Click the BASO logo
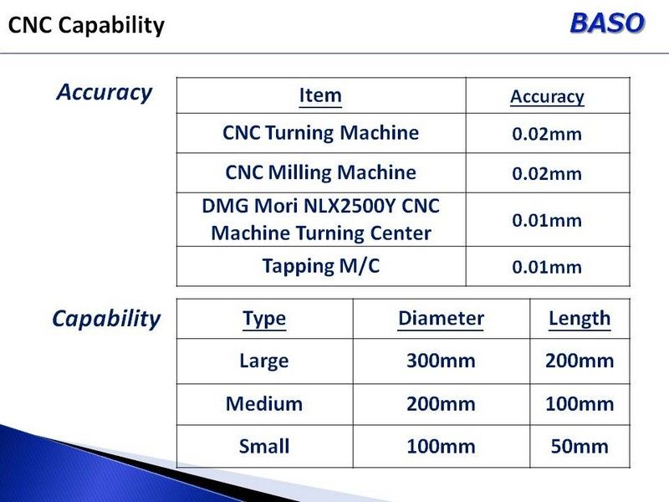coord(607,23)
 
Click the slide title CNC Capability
coord(86,25)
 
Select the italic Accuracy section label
coord(104,92)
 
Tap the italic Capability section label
coord(106,320)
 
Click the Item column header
coord(320,95)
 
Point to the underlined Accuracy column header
coord(547,97)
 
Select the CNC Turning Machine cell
coord(320,132)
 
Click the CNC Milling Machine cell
coord(320,172)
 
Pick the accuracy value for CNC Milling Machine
coord(547,174)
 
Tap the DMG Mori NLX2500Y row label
coord(320,219)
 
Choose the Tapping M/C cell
coord(320,266)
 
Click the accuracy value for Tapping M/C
coord(547,267)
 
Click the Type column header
coord(264,319)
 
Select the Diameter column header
coord(441,319)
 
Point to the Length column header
coord(580,319)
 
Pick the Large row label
coord(264,361)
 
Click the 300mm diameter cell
coord(441,361)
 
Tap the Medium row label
coord(264,404)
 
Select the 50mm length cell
coord(580,447)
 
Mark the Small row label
coord(264,447)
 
